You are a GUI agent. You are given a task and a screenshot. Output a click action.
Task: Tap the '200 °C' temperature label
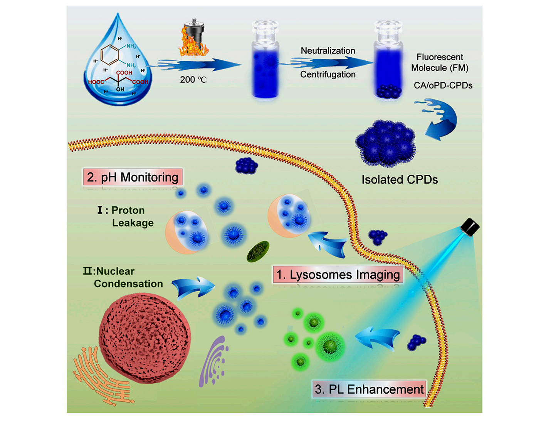[x=193, y=80]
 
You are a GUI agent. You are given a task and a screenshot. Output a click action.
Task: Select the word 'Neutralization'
[x=328, y=51]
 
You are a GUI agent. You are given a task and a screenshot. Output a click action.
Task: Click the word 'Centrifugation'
[x=328, y=74]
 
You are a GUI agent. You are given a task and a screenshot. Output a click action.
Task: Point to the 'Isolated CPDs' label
[x=400, y=180]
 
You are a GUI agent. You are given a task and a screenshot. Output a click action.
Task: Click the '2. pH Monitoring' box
[x=133, y=177]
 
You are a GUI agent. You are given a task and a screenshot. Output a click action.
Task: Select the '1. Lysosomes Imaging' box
[x=338, y=274]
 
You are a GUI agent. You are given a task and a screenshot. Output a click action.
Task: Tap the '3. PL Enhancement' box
[x=369, y=389]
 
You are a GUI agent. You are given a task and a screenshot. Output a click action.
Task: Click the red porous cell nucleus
[x=144, y=337]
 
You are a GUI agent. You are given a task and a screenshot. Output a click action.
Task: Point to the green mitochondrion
[x=258, y=251]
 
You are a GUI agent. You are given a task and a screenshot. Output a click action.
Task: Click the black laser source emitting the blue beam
[x=470, y=227]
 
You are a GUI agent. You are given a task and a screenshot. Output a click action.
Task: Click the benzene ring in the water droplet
[x=110, y=55]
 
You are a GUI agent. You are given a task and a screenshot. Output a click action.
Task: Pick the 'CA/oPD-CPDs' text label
[x=443, y=85]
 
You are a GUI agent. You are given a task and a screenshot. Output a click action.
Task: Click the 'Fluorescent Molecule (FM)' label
[x=440, y=62]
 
